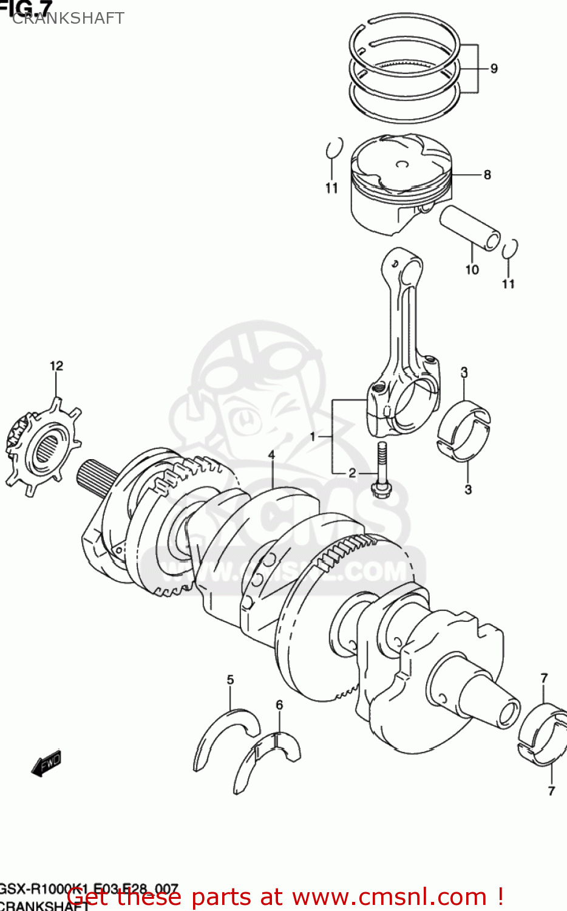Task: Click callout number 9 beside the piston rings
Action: [x=494, y=69]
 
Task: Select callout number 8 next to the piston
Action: [x=487, y=175]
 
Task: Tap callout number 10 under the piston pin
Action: [x=472, y=270]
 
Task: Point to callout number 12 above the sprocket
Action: [x=56, y=366]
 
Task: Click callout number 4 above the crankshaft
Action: [x=271, y=455]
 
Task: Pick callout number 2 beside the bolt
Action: [x=352, y=474]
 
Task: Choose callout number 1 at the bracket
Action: [x=313, y=437]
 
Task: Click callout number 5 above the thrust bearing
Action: [x=230, y=680]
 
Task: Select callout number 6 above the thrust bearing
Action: [x=279, y=705]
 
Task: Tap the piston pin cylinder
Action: [x=470, y=227]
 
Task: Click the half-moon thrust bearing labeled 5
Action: [x=225, y=735]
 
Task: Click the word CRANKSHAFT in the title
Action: [x=68, y=18]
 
